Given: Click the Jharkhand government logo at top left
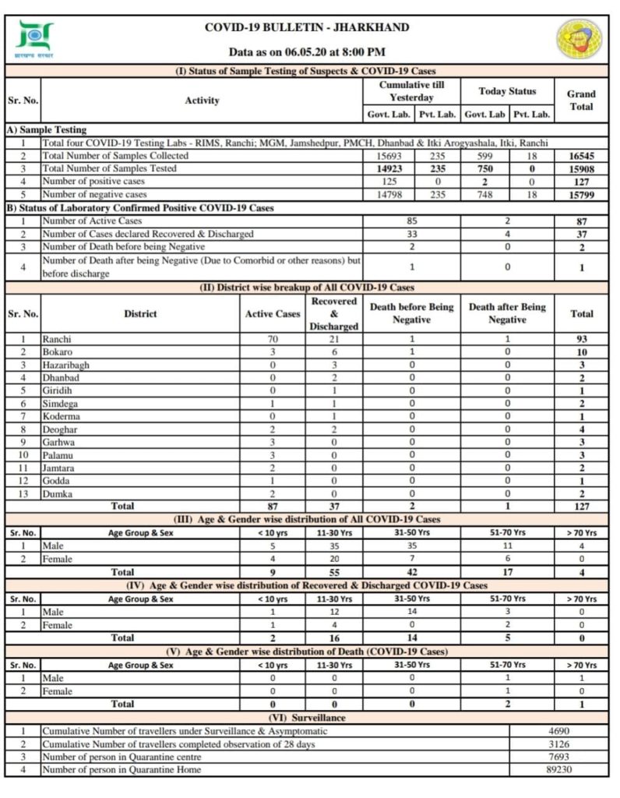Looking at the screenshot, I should click(34, 39).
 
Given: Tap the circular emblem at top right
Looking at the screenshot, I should click(579, 39).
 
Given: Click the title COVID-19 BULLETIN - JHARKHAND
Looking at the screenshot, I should click(307, 27).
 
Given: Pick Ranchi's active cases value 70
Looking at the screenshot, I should click(272, 339).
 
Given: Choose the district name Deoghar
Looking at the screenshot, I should click(61, 429).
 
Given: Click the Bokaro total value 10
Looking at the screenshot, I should click(581, 352).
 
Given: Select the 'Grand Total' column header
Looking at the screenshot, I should click(581, 101).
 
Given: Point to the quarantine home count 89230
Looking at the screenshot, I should click(558, 769).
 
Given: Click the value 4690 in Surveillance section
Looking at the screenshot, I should click(558, 731).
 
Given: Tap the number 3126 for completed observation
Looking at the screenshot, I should click(558, 743).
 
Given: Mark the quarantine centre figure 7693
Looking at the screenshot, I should click(558, 757).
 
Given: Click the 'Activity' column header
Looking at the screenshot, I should click(202, 101).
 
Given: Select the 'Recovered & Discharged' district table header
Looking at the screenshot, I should click(333, 313).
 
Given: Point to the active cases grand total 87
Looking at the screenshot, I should click(581, 221).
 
